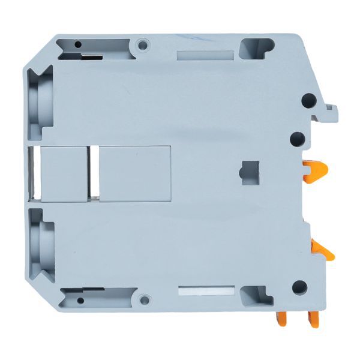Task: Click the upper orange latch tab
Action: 315,171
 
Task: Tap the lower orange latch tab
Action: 322,249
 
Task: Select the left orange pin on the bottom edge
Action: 281,318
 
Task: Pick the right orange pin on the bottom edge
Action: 314,317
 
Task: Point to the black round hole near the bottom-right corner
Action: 299,287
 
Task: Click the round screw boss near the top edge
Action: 142,45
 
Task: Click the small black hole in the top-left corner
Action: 77,44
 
